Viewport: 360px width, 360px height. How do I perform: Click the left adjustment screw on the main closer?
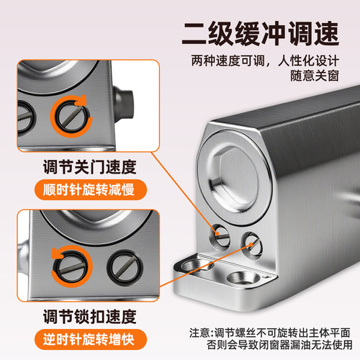[x=220, y=233]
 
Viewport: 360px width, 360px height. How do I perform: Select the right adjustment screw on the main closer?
[x=250, y=242]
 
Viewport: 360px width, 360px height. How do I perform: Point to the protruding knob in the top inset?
[x=124, y=97]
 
